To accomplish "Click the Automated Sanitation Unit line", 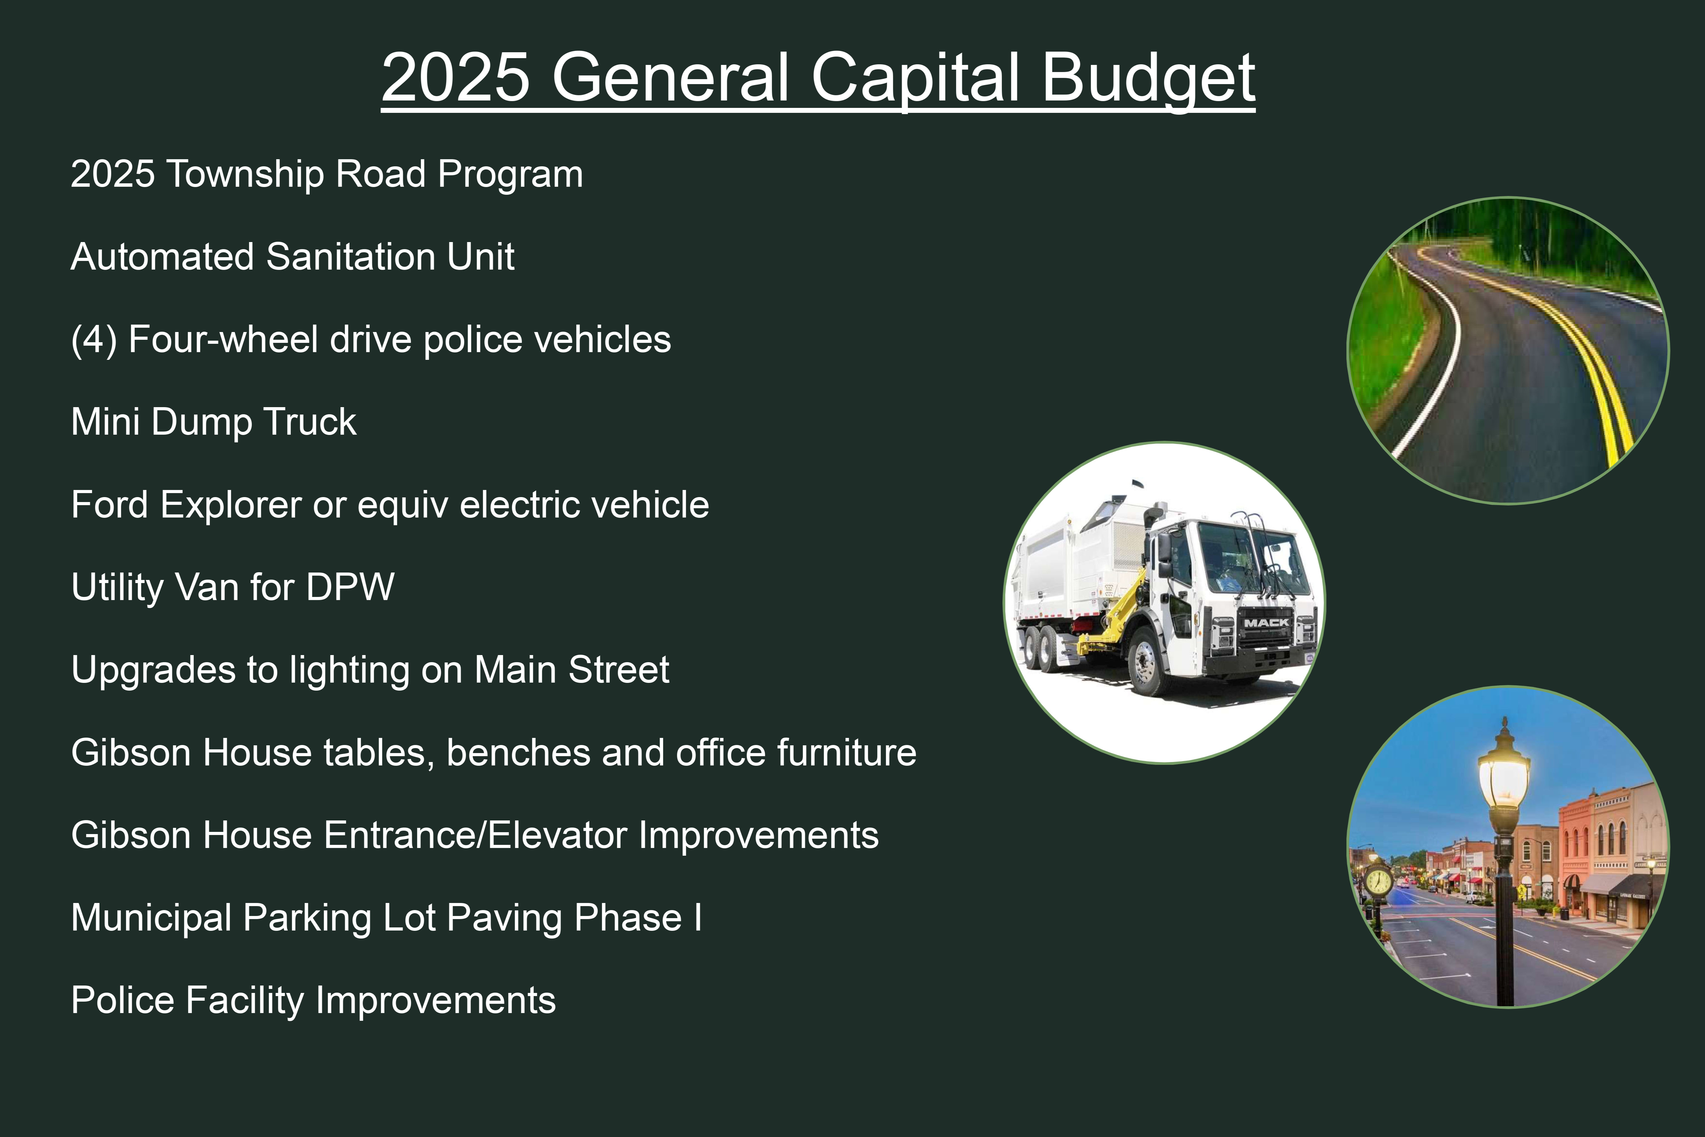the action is pos(293,257).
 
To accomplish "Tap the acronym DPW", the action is pos(350,587).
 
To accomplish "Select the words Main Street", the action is pos(572,670).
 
